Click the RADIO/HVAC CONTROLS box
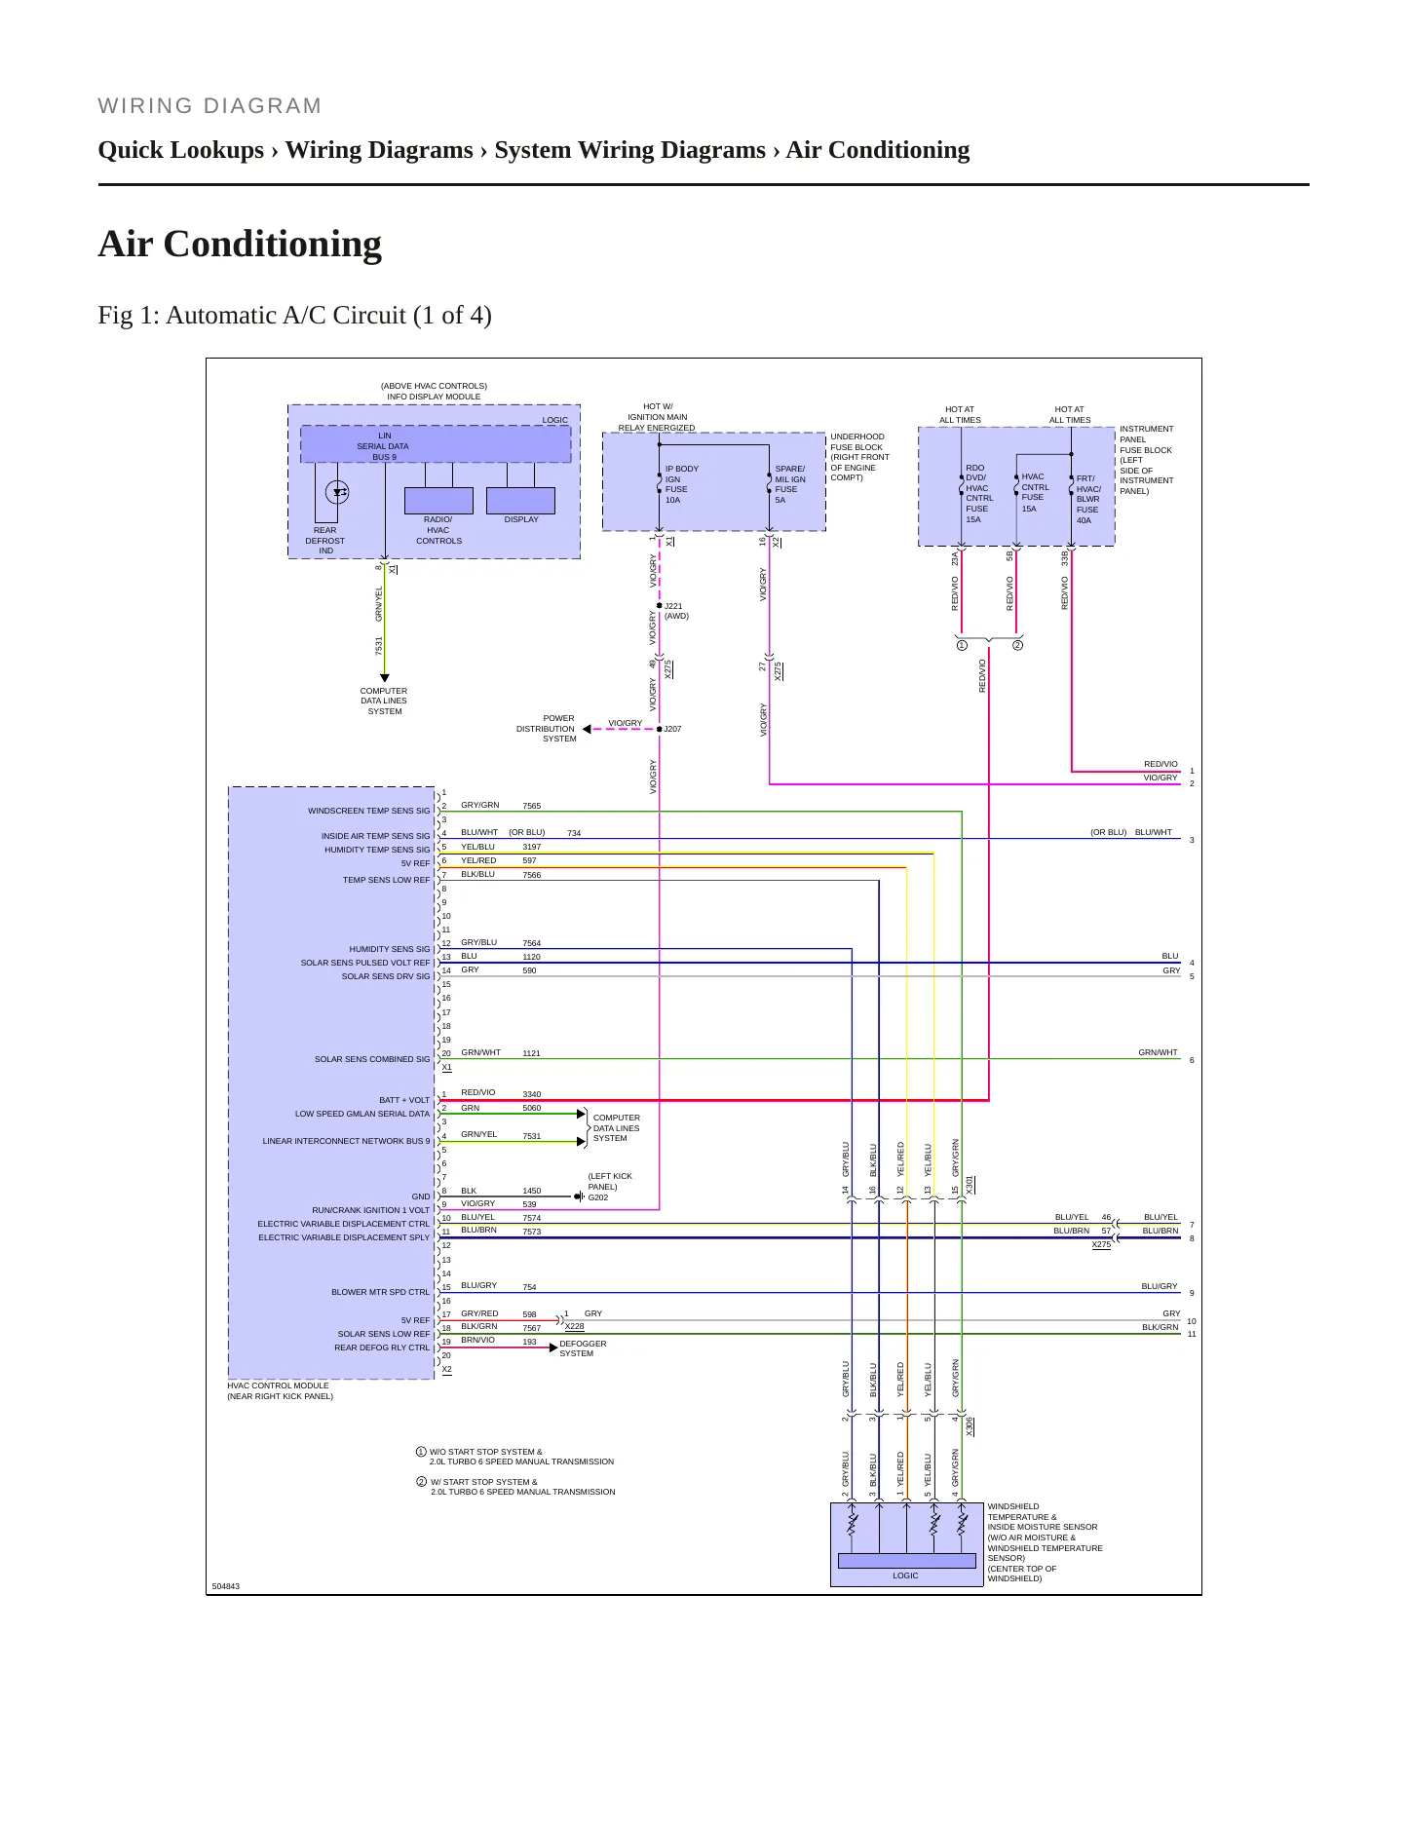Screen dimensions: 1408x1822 point(438,500)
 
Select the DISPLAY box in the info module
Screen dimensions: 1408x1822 point(520,500)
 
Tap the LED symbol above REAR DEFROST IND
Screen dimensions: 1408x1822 point(337,492)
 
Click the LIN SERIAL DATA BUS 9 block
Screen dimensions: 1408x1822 point(436,444)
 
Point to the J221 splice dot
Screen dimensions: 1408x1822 point(660,605)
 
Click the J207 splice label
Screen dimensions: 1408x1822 point(672,729)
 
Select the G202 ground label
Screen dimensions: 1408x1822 point(598,1197)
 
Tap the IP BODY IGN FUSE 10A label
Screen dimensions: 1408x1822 point(681,484)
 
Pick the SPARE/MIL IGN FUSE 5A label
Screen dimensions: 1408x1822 point(790,484)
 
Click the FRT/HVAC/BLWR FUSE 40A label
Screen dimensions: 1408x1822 point(1088,500)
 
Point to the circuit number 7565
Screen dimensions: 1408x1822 point(531,806)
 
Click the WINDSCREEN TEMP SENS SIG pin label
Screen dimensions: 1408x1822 point(368,811)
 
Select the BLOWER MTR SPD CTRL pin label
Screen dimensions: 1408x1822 point(380,1292)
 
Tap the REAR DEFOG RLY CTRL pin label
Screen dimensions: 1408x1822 point(382,1348)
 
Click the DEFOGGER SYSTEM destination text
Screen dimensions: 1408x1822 point(583,1348)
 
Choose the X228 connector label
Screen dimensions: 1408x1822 point(575,1326)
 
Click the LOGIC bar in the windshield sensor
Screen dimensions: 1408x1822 point(906,1561)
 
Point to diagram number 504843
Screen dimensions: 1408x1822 point(226,1586)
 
